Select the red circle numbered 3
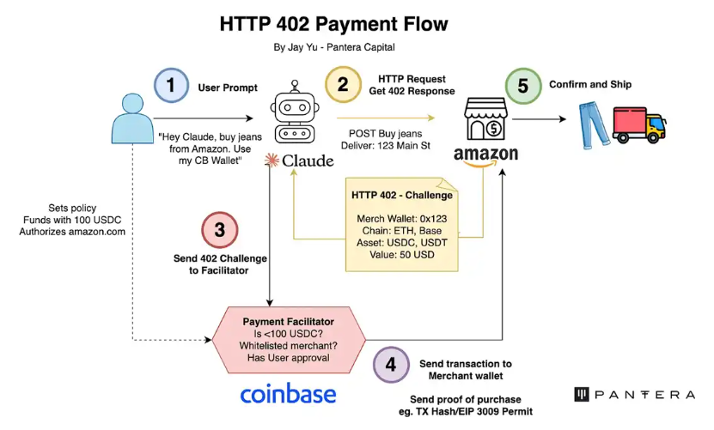219,230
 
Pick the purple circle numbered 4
391,364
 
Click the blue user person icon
133,119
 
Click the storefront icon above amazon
486,119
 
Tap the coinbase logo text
288,394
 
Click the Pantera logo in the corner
634,395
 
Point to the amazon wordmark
486,156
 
